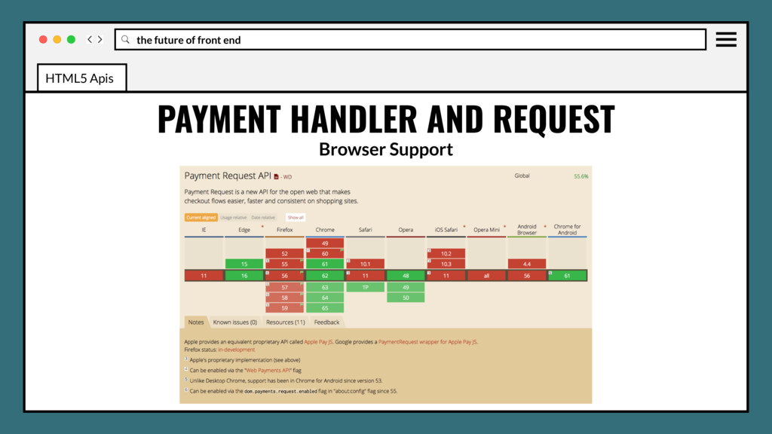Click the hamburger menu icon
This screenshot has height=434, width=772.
[x=726, y=39]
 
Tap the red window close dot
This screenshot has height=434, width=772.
[x=43, y=39]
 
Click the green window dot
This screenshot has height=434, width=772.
[x=71, y=39]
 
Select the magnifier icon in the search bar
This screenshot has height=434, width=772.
[x=126, y=40]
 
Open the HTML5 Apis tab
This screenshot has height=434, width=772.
[x=80, y=78]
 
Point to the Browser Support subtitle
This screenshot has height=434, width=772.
[x=385, y=149]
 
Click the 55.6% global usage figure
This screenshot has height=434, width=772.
[x=581, y=176]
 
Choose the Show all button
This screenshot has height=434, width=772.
[x=296, y=217]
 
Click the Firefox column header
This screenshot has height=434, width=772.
[x=285, y=230]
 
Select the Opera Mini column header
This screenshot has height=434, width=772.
[x=486, y=230]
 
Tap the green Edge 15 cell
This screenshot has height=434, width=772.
[x=244, y=264]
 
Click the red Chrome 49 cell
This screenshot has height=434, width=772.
[x=325, y=243]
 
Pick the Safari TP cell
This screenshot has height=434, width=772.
[x=366, y=287]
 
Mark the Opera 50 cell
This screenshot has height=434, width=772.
[x=406, y=298]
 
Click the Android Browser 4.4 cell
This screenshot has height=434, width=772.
[x=527, y=264]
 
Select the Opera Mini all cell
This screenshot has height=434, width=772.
[x=486, y=276]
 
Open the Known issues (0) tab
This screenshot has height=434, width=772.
[x=234, y=322]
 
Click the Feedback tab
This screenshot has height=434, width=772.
[x=326, y=322]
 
